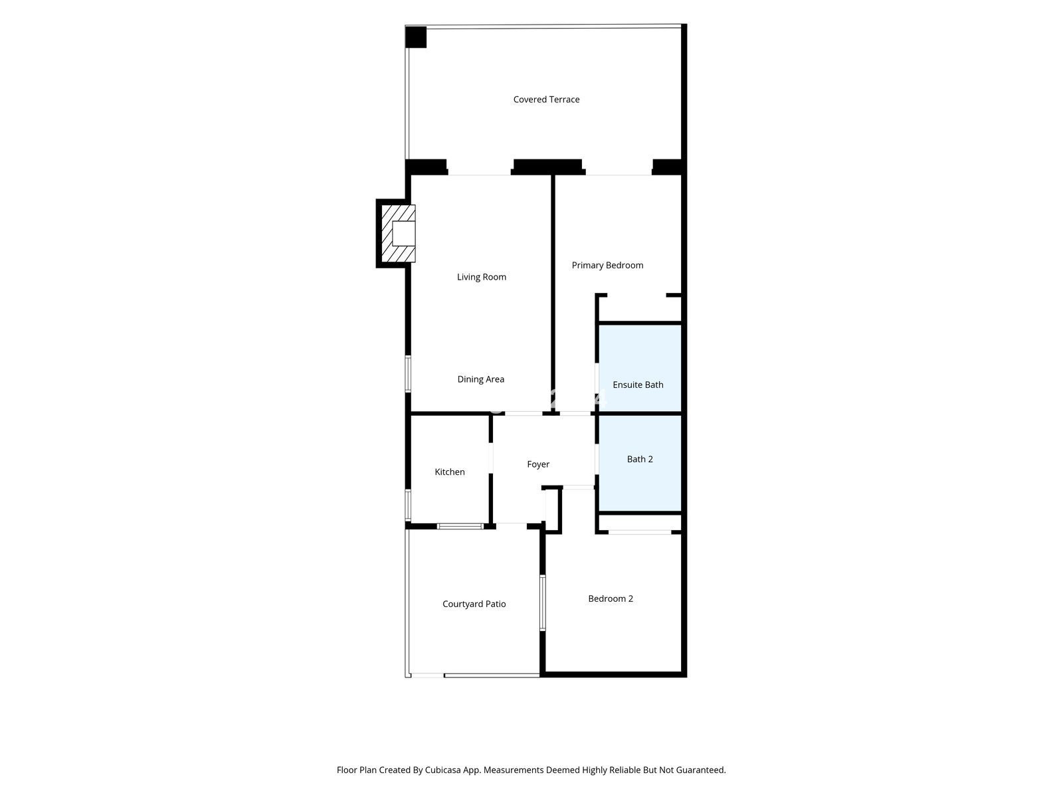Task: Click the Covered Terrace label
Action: tap(546, 99)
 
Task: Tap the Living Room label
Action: tap(482, 277)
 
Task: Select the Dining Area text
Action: tap(481, 379)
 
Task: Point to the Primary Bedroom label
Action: tap(607, 265)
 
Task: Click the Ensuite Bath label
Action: tap(638, 385)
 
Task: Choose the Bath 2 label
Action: tap(640, 459)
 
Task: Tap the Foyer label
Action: tap(538, 464)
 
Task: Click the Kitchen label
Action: tap(449, 472)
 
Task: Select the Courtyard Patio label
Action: tap(474, 604)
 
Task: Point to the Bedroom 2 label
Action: tap(610, 598)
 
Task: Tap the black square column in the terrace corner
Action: tap(415, 37)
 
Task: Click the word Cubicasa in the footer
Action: tap(442, 770)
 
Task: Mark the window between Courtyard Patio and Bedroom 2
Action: tap(542, 602)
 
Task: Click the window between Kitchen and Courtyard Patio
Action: tap(460, 526)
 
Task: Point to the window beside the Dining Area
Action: tap(408, 373)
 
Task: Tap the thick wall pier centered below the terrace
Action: tap(547, 167)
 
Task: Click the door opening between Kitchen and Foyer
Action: tap(490, 458)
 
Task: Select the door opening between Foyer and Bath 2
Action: tap(597, 459)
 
